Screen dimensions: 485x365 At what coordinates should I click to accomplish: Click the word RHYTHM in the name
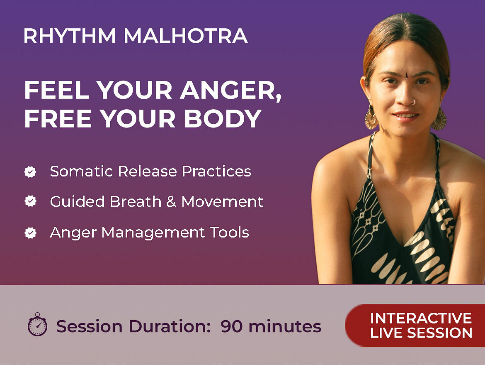coord(70,36)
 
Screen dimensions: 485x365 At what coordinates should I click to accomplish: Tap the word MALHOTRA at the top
coord(186,36)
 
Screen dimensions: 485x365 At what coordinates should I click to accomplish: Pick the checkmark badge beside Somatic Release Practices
coord(30,171)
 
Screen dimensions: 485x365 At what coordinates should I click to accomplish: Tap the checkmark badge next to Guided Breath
coord(30,201)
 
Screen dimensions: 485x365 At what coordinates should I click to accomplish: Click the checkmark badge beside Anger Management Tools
coord(30,233)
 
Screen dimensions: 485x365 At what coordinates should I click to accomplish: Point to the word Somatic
coord(81,171)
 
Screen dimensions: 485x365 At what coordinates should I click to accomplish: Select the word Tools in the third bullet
coord(229,233)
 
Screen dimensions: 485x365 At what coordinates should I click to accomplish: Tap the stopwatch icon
coord(37,324)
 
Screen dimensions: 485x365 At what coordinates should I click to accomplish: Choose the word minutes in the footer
coord(285,326)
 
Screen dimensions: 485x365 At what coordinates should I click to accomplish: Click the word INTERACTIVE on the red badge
coord(421,318)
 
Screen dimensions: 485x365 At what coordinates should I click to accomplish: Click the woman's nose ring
coord(413,102)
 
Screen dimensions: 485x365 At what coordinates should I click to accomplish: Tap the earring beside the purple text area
coord(371,117)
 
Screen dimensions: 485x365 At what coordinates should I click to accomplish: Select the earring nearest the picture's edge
coord(439,119)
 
